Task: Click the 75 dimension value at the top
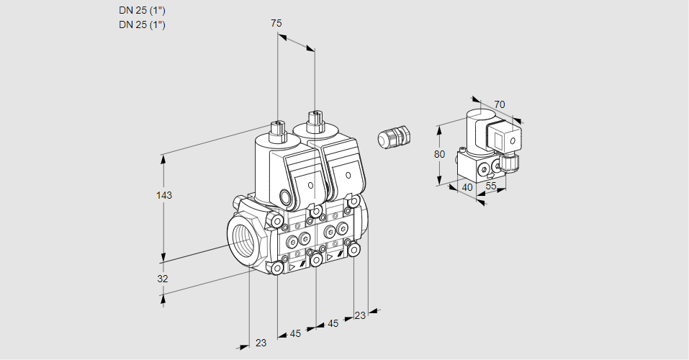(276, 23)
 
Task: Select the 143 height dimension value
(165, 195)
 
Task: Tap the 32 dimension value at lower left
(163, 279)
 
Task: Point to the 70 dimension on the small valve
(500, 104)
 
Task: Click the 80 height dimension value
(440, 154)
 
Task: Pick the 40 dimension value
(467, 187)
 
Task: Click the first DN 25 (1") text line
(142, 10)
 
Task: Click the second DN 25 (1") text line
(142, 24)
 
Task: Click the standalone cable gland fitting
(394, 137)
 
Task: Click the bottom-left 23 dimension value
(261, 343)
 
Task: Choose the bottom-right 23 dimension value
(360, 315)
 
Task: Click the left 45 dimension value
(295, 333)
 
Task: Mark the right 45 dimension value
(333, 324)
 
